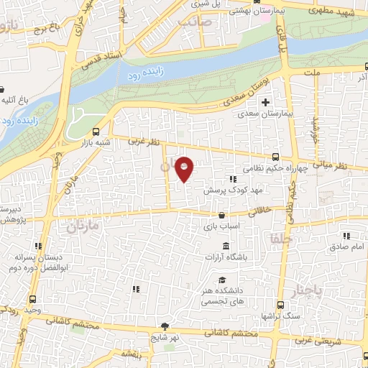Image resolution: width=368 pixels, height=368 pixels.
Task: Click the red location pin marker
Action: pos(185,169)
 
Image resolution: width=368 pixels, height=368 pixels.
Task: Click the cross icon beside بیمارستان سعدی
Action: pos(266,103)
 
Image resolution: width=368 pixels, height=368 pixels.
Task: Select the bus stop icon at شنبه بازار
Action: pos(97,132)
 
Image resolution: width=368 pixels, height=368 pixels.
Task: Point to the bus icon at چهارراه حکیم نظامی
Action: pos(275,157)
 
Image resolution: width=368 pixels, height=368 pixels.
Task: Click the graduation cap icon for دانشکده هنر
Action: pos(222,280)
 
